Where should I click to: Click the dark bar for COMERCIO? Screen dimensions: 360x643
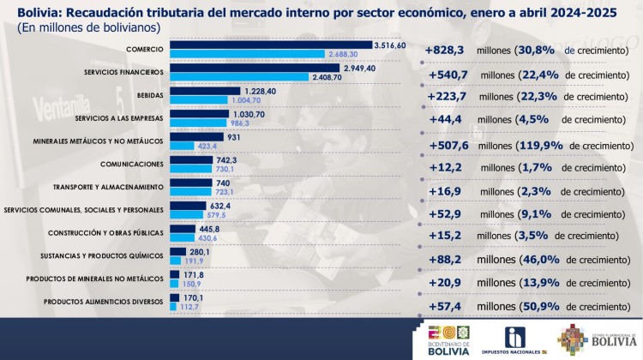[271, 45]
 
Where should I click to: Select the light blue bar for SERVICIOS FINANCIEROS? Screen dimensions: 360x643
[239, 76]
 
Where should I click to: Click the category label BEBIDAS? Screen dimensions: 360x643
[148, 95]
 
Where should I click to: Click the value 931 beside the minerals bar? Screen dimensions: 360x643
[236, 136]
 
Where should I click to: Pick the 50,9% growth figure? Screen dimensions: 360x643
[538, 305]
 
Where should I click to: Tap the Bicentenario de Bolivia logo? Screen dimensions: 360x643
[448, 339]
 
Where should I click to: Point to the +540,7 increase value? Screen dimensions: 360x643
[447, 74]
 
